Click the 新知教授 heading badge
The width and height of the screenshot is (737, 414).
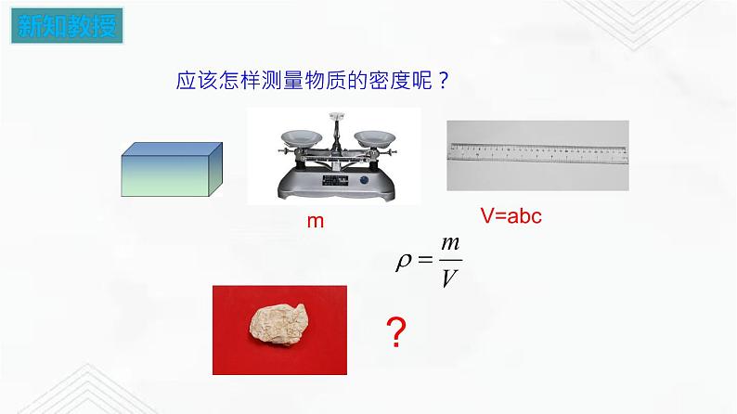(68, 25)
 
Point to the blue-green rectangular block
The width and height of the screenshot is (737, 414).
(174, 171)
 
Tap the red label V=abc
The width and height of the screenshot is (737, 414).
(511, 216)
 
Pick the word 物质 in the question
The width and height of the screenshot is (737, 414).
(321, 80)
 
